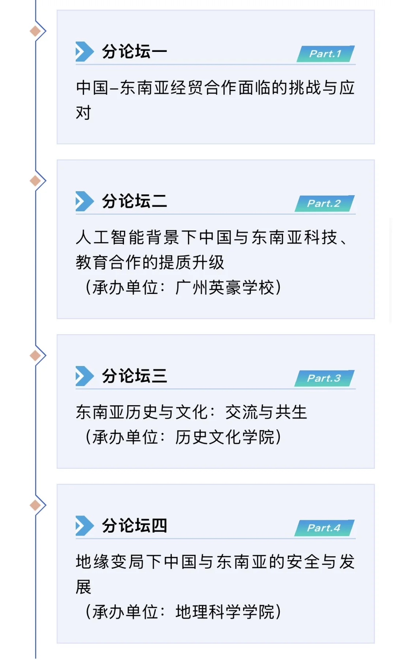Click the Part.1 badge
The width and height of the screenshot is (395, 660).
point(325,54)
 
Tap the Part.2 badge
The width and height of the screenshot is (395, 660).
point(324,203)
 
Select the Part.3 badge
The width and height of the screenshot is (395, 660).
point(324,378)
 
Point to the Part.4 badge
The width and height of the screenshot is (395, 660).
point(324,528)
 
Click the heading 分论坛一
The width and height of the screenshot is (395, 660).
point(134,52)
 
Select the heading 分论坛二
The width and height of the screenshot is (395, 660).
point(134,201)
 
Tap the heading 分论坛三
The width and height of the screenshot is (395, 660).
point(134,376)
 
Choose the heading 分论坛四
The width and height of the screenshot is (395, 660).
point(134,526)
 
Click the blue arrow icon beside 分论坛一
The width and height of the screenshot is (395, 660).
point(84,52)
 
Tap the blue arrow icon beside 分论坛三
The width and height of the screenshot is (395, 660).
point(84,376)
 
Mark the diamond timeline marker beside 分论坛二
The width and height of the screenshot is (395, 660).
point(35,181)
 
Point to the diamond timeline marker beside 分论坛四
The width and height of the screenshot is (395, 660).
point(35,505)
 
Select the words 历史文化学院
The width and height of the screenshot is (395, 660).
point(224,437)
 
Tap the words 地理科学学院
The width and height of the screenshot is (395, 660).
point(224,612)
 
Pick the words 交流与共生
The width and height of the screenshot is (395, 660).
point(266,412)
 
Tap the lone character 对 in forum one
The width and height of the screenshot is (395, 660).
point(83,113)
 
